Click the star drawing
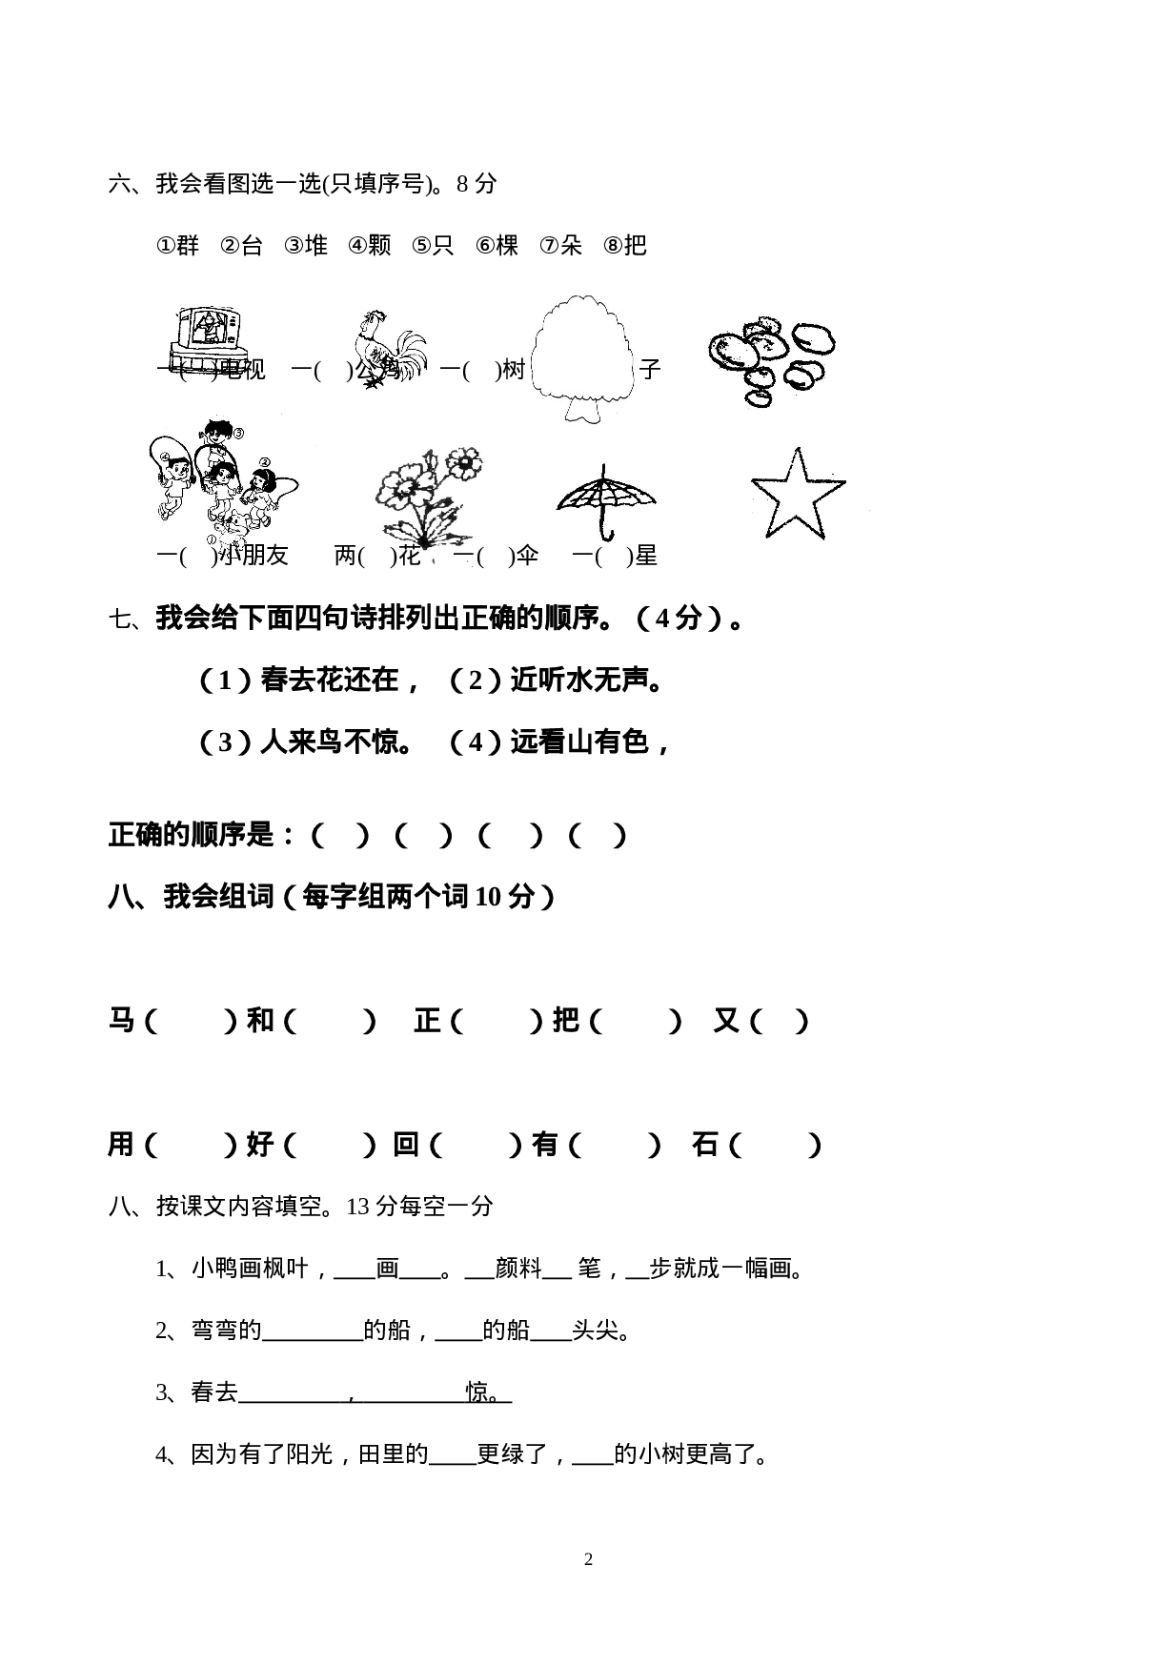click(797, 493)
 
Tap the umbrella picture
click(606, 497)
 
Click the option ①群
click(177, 246)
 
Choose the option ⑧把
click(625, 246)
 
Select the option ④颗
click(370, 246)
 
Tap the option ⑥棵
click(497, 246)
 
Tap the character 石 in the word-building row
click(705, 1144)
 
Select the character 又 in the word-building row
click(727, 1021)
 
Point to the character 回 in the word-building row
click(407, 1144)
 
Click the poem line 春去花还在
click(330, 680)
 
